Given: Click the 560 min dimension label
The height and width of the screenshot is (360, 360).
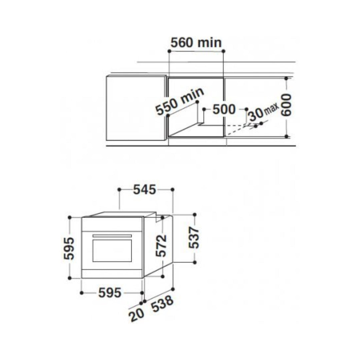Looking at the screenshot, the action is click(196, 43).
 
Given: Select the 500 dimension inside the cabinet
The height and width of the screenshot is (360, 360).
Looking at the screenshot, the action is click(224, 109).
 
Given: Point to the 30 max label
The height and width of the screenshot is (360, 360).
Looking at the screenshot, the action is click(264, 112).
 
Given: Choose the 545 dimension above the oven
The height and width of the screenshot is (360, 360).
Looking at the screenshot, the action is click(145, 190).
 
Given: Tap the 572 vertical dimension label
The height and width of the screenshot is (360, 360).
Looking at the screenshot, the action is click(161, 245).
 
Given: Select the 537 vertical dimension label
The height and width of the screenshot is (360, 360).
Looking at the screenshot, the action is click(194, 237).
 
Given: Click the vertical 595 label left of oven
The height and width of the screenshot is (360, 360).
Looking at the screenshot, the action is click(69, 248).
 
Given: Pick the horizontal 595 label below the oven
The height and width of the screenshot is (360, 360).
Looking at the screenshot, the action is click(110, 293).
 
